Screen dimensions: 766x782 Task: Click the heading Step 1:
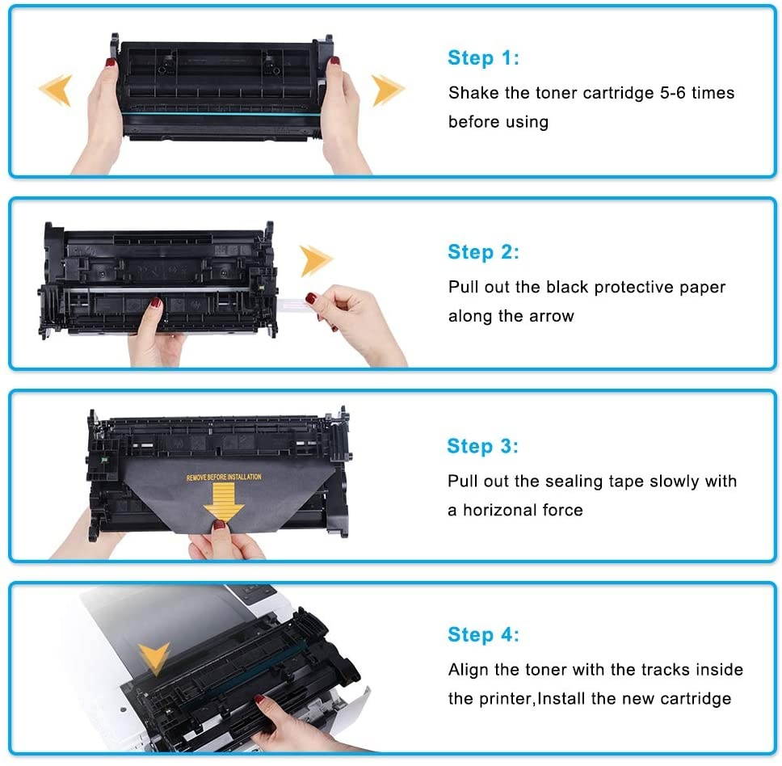click(x=483, y=58)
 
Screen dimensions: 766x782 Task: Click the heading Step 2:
click(x=483, y=252)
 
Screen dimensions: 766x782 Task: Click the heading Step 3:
click(x=482, y=446)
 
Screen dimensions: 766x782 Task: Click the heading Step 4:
click(x=483, y=635)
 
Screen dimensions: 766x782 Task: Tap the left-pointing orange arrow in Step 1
click(x=56, y=90)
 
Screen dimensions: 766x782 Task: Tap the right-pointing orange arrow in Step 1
click(x=388, y=90)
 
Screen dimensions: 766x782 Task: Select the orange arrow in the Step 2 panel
click(x=316, y=261)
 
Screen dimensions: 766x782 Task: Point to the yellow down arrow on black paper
click(x=224, y=503)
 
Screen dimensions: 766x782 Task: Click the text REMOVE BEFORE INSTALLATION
click(x=224, y=478)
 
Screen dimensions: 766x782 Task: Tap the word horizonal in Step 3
click(x=522, y=511)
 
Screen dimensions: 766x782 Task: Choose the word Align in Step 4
click(x=469, y=670)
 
